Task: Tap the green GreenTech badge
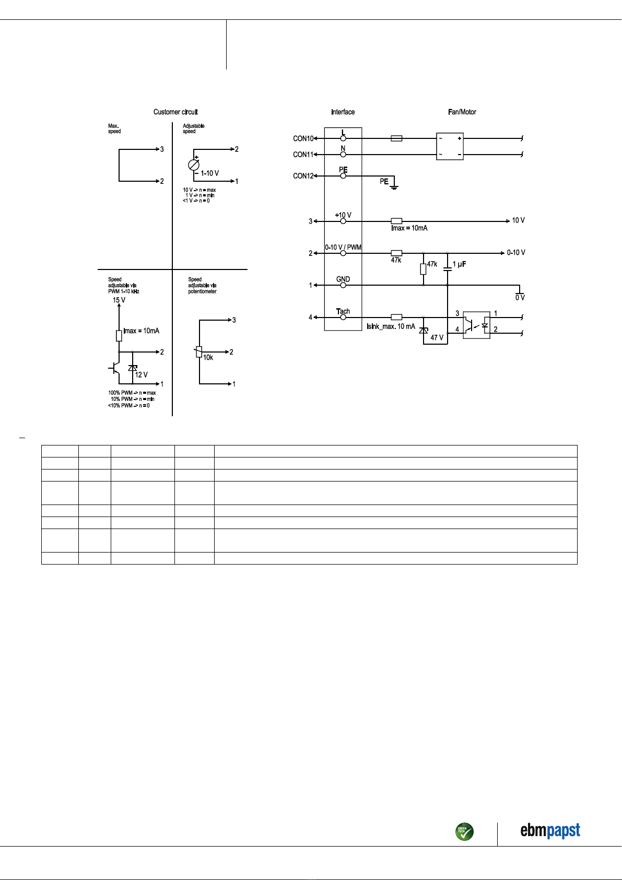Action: pos(464,831)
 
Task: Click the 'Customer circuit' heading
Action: pos(175,112)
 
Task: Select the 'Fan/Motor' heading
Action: pos(462,112)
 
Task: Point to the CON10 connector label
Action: pos(303,139)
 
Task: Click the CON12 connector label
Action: pos(303,176)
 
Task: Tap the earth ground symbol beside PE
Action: pos(394,185)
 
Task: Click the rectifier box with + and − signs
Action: pos(450,147)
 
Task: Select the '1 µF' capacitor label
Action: pos(460,264)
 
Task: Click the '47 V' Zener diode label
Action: pos(437,337)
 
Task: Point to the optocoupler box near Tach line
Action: pos(477,325)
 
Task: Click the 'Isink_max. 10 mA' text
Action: pos(391,326)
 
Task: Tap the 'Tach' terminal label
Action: pos(343,311)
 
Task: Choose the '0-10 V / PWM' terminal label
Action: pos(343,248)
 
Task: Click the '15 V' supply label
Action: pos(119,300)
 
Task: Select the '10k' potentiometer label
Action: pos(208,358)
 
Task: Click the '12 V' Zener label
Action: pos(142,375)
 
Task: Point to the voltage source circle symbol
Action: pos(194,165)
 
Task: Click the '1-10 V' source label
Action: pos(210,173)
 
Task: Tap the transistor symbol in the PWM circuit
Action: pos(114,369)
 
